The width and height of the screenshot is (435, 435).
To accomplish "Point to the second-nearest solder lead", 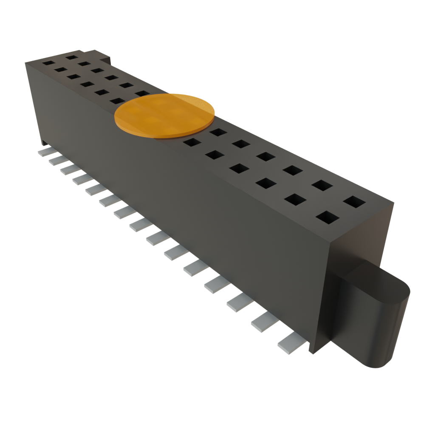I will [x=263, y=322].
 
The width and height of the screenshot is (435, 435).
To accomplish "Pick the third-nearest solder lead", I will [x=239, y=302].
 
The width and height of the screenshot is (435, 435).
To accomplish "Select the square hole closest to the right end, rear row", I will [x=355, y=201].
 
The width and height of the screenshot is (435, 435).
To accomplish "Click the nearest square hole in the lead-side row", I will [x=328, y=217].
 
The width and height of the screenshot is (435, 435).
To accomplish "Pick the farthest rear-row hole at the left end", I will [x=71, y=56].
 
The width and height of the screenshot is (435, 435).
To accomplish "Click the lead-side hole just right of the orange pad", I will [x=191, y=142].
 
